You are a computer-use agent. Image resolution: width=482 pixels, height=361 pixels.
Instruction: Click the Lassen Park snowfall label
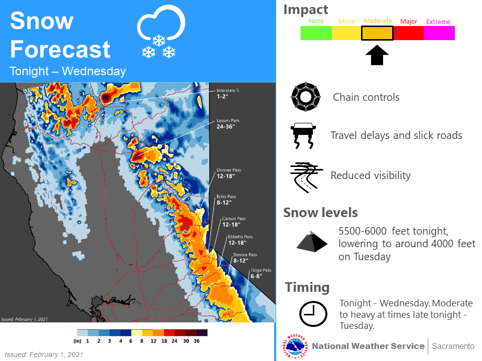(x=228, y=124)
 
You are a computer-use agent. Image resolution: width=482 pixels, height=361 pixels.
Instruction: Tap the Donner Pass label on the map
(x=229, y=173)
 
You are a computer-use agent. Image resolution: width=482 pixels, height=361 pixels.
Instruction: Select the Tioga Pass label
(x=261, y=273)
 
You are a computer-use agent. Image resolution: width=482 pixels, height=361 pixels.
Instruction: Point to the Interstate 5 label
(x=227, y=94)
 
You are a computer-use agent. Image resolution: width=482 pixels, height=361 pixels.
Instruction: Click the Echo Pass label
(x=226, y=200)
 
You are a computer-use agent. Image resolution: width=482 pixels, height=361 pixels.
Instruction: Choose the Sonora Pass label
(x=245, y=258)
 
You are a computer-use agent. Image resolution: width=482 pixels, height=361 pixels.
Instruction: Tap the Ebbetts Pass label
(x=240, y=240)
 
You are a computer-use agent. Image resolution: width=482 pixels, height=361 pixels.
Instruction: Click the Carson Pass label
(x=233, y=222)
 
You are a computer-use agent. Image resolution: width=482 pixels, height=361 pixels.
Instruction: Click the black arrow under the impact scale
(x=377, y=55)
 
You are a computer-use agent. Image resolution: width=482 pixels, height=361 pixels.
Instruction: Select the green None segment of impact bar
(x=316, y=33)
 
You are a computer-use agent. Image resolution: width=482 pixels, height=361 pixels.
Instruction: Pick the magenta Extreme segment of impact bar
(x=439, y=33)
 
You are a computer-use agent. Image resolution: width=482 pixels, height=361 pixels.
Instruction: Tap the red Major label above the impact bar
(x=409, y=22)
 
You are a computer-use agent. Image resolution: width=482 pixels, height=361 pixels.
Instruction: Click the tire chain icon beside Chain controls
(x=306, y=97)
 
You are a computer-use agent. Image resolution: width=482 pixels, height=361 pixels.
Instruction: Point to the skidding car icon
(x=303, y=136)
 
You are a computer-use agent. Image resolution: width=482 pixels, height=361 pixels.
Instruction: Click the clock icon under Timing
(x=313, y=314)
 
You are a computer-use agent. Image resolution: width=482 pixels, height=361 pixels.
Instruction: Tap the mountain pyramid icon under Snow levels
(x=312, y=242)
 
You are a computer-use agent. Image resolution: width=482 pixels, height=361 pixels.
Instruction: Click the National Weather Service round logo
(x=295, y=346)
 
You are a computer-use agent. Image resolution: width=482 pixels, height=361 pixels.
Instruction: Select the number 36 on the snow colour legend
(x=197, y=341)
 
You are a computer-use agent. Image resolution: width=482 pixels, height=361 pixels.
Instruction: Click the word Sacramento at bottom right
(x=453, y=346)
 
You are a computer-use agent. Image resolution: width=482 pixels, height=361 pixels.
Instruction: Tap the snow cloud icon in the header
(x=161, y=31)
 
